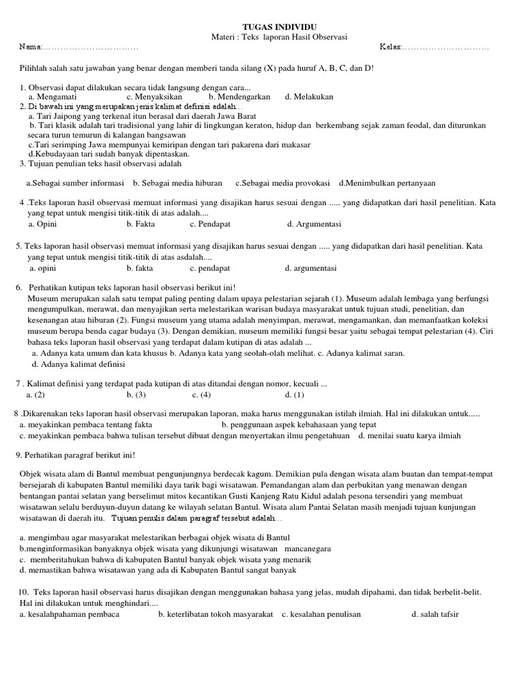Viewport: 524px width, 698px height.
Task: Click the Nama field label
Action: click(31, 47)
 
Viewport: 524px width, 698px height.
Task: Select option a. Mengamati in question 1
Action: click(52, 97)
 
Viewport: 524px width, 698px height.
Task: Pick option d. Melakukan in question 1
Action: click(309, 97)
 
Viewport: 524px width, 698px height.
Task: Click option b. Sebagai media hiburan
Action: click(177, 183)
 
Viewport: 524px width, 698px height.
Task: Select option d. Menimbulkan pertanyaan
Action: click(387, 183)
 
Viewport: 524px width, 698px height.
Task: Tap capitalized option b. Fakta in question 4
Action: click(141, 224)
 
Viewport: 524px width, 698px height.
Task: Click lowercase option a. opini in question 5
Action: click(42, 268)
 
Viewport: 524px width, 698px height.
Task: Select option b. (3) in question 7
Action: click(136, 395)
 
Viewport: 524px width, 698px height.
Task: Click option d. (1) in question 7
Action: click(295, 395)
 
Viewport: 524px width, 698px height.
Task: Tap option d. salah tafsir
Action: click(435, 614)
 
